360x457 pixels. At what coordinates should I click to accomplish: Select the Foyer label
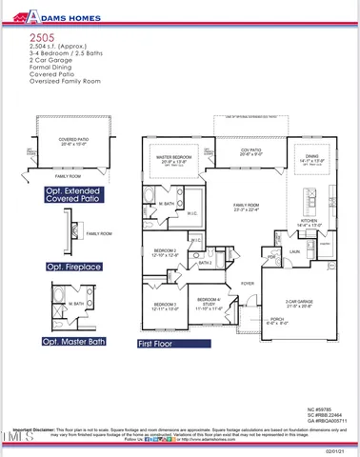pyautogui.click(x=247, y=284)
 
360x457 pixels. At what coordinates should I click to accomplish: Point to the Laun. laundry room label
pyautogui.click(x=294, y=252)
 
